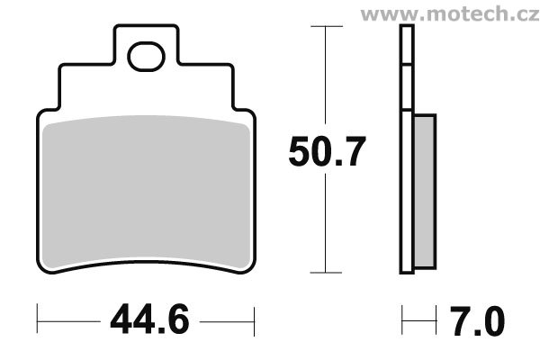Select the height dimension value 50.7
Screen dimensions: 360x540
[327, 151]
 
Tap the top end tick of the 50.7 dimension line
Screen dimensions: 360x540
[326, 27]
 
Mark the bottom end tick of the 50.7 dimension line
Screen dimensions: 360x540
[326, 272]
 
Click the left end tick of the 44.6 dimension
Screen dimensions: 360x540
[38, 319]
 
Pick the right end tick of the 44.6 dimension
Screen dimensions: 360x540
[256, 319]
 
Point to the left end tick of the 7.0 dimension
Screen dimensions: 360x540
[402, 319]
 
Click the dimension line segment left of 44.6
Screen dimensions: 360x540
[67, 319]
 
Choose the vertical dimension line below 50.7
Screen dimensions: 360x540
[326, 225]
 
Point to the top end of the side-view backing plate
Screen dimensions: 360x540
[407, 28]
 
